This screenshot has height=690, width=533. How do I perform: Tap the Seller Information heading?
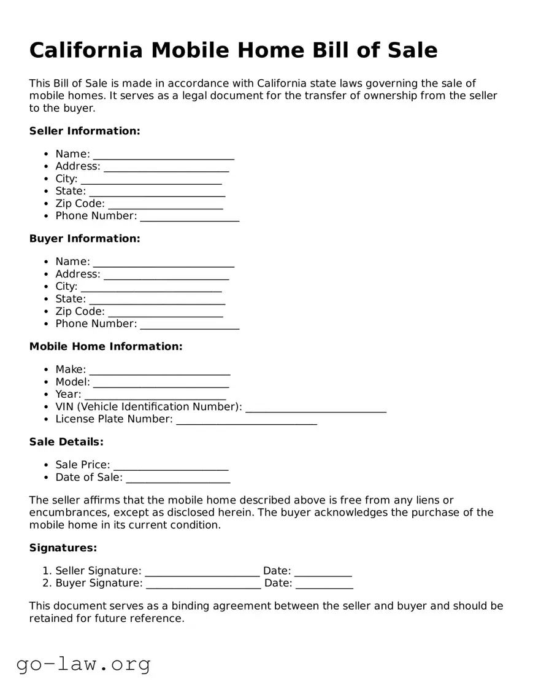coord(85,131)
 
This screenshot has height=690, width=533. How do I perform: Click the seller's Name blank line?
coord(164,155)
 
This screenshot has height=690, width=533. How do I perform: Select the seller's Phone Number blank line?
coord(190,217)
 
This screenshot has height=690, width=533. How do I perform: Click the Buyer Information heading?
coord(85,238)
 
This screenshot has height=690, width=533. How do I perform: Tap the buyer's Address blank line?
coord(166,275)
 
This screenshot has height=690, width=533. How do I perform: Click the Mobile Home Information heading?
coord(105,346)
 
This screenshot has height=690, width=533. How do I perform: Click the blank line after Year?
coord(155,395)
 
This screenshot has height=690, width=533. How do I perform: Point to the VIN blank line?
coord(316,408)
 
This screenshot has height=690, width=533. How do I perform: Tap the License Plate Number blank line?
coord(247,420)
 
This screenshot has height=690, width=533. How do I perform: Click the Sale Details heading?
coord(66,441)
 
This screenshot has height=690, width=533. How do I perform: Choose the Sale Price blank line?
coord(171,466)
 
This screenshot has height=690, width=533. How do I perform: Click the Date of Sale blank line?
coord(178,478)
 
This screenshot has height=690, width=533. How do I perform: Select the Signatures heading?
coord(63,548)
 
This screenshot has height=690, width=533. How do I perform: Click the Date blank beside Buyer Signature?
coord(324,584)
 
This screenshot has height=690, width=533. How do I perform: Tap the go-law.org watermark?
coord(83,664)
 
